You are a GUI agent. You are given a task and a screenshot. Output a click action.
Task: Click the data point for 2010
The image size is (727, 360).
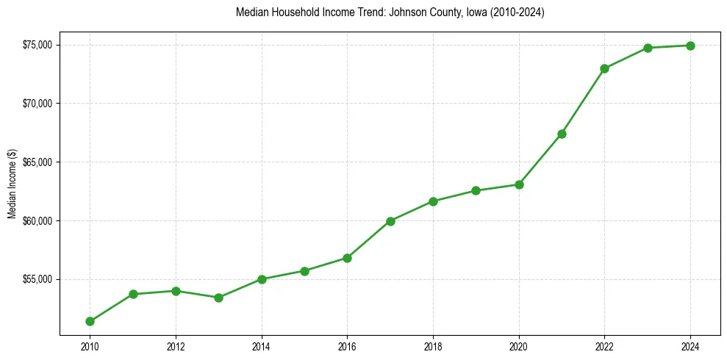90,321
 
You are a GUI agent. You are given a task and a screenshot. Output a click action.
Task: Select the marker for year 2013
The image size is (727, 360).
218,298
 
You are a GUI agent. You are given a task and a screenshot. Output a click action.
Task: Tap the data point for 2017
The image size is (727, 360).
390,221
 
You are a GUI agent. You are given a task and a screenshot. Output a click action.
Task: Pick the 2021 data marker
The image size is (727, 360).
562,134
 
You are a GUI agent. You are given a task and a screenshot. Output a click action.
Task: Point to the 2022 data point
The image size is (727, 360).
605,68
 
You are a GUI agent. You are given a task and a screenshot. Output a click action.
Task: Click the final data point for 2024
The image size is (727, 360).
691,46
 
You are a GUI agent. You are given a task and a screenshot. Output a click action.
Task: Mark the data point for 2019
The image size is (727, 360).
476,190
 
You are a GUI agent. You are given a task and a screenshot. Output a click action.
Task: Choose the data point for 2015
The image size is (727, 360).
304,271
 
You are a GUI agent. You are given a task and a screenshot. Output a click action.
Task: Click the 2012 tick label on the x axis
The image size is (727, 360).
176,346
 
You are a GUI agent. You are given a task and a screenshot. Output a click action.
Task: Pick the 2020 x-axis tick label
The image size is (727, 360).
519,346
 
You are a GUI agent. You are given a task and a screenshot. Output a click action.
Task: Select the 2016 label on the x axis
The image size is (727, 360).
348,346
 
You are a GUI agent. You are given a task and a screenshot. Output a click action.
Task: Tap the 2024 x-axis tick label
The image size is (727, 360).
691,346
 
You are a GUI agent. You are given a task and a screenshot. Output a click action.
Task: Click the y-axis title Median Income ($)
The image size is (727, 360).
12,185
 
